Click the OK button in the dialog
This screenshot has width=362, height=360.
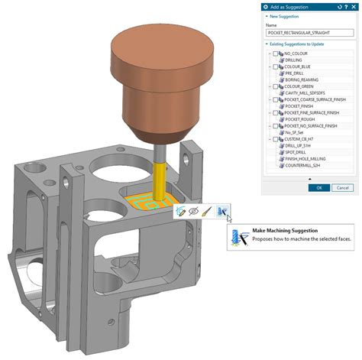click(318, 187)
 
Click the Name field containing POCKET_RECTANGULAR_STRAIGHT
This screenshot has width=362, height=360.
click(309, 34)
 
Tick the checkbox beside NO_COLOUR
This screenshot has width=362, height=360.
click(276, 54)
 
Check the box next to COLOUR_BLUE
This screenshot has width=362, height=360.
click(276, 66)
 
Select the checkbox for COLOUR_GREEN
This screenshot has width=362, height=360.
click(276, 86)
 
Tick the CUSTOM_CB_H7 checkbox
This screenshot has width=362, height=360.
click(276, 138)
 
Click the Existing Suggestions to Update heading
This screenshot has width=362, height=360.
click(298, 45)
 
